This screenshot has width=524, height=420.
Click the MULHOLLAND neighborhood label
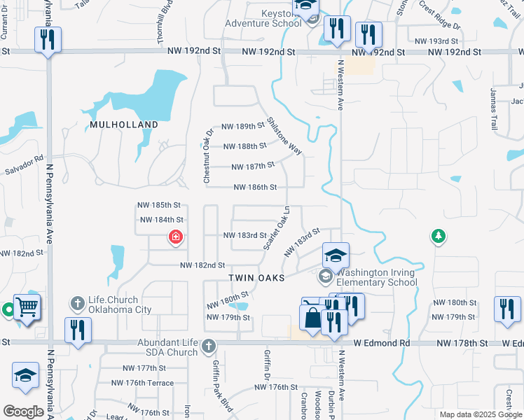point(124,125)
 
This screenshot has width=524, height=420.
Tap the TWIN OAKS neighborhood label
point(257,278)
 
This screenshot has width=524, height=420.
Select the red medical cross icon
point(174,237)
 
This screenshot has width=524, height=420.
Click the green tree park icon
point(438,236)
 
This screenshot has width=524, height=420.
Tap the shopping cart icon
point(27,306)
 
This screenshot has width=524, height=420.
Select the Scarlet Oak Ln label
point(277,227)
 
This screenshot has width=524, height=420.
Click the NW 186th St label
point(256,188)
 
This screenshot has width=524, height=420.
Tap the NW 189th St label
point(243,127)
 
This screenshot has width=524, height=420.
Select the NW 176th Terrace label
point(142,383)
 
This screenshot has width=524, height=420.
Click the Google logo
point(23,412)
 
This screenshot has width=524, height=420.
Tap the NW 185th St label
point(160,205)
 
